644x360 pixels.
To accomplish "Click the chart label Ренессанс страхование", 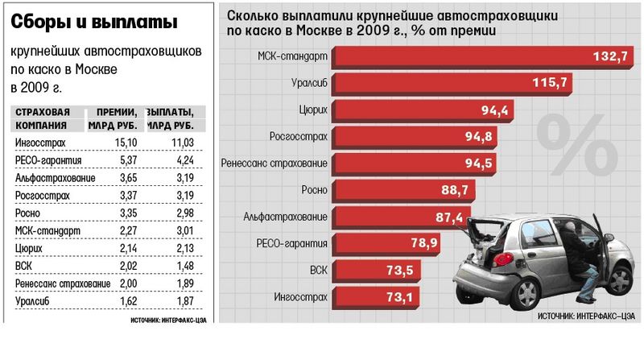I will click(275, 163).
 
